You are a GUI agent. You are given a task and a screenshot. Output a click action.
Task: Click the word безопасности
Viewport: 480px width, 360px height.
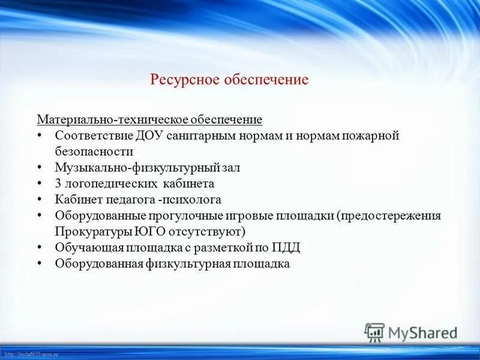point(94,152)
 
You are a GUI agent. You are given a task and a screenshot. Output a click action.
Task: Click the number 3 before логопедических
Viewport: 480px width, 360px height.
point(58,184)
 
